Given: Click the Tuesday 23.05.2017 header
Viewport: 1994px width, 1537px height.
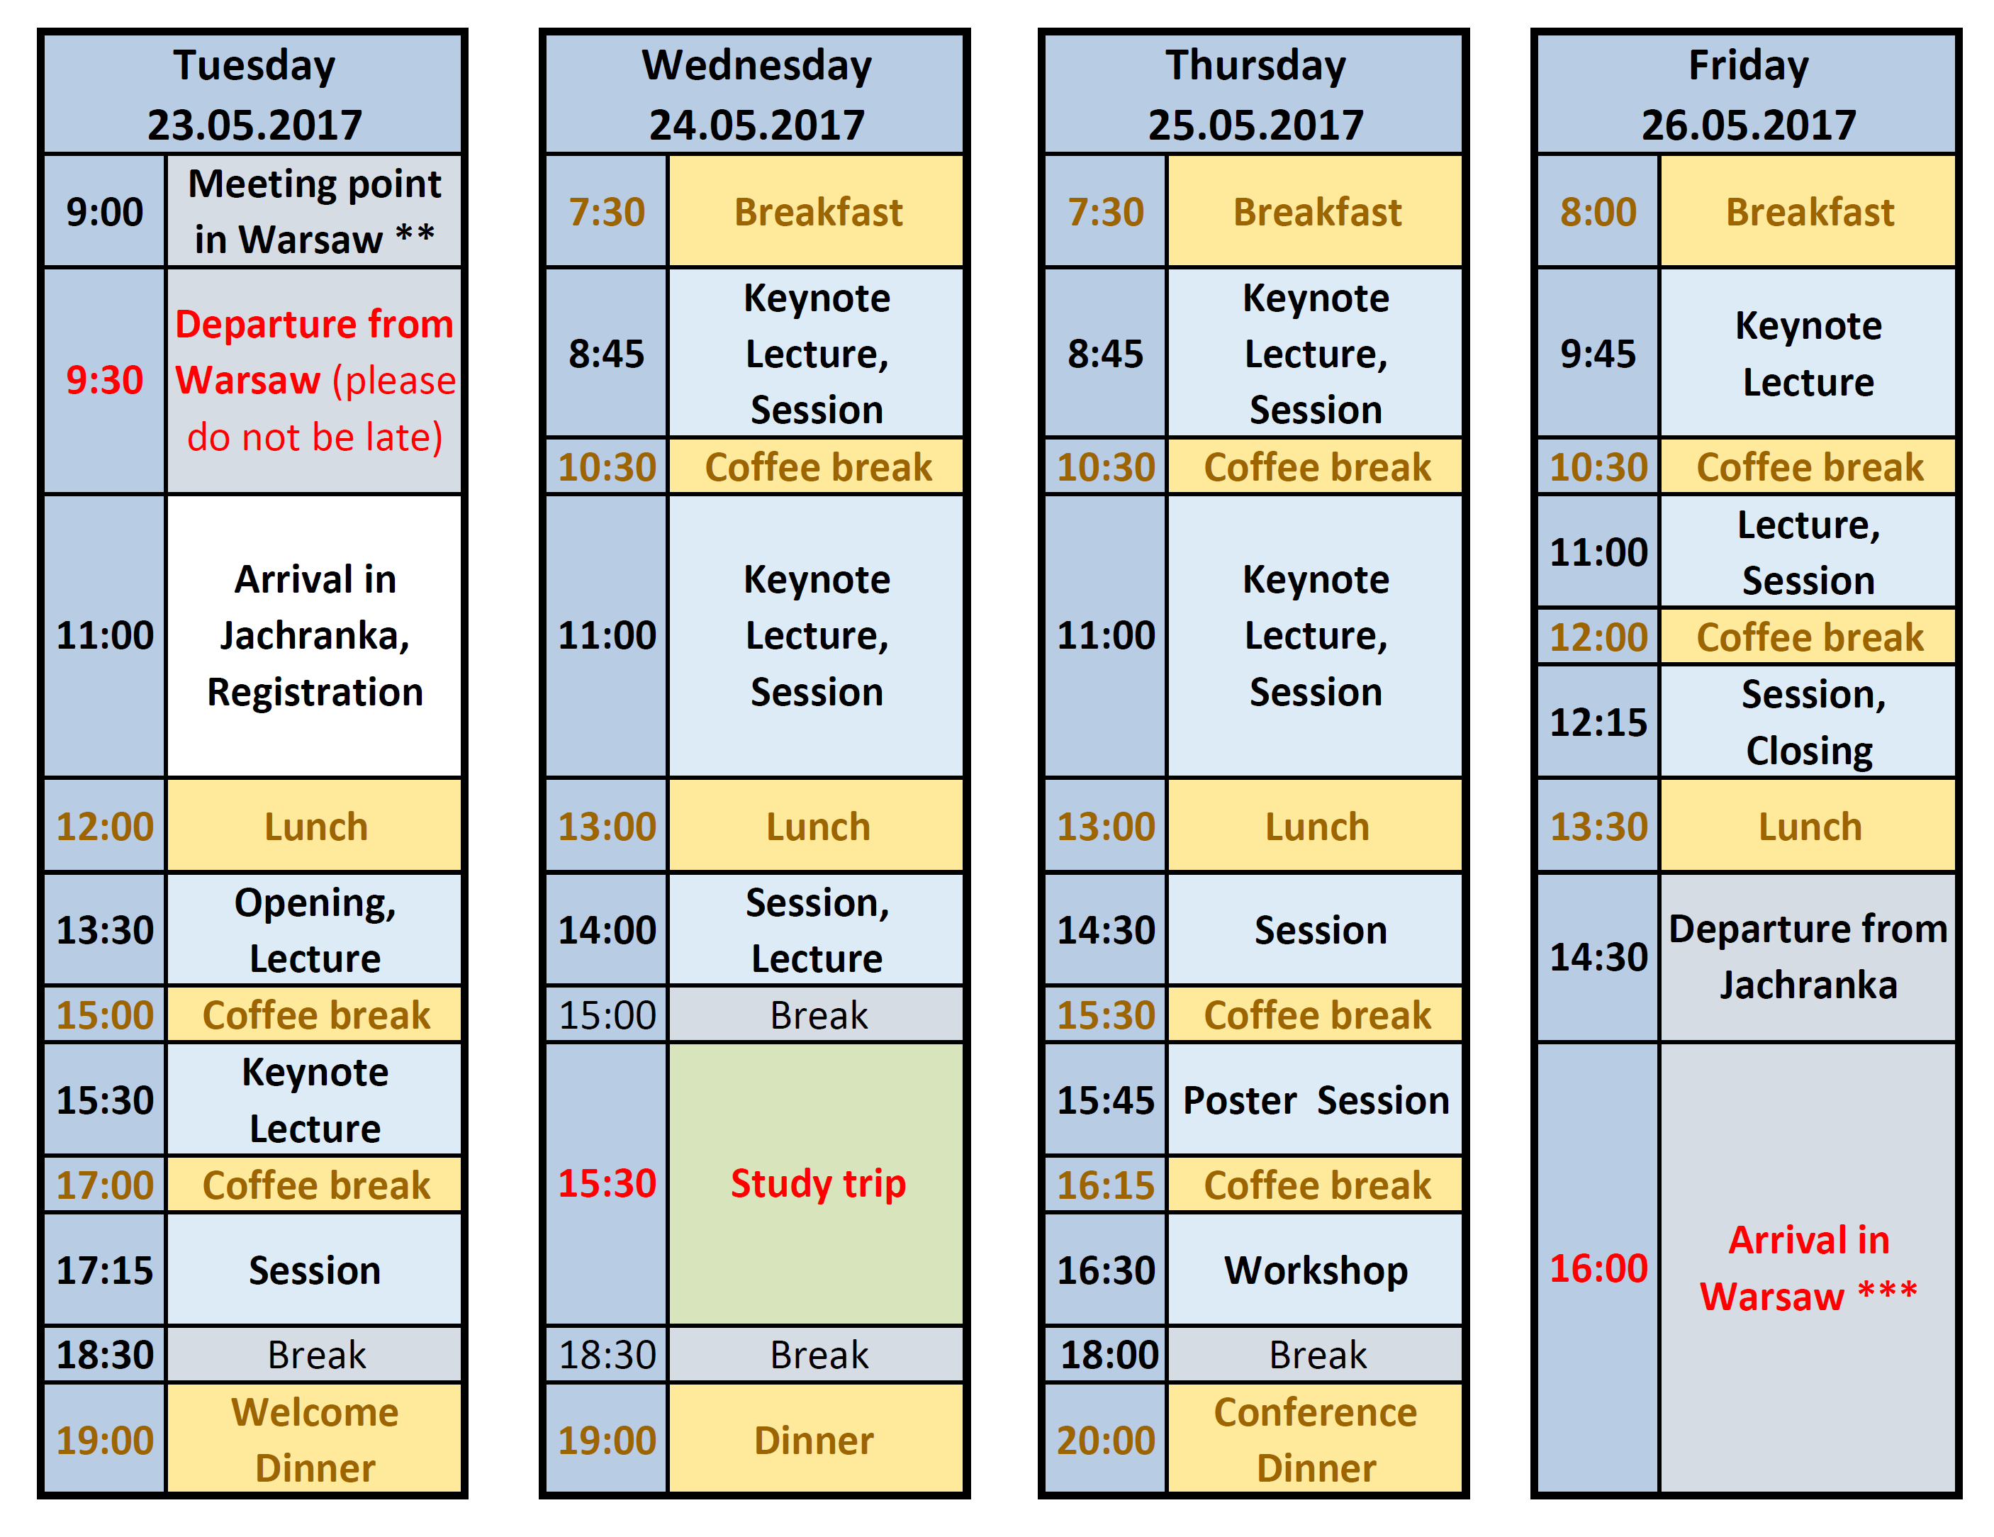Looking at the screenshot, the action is click(x=254, y=94).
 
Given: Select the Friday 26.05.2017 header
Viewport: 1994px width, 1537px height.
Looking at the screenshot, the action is click(x=1747, y=94).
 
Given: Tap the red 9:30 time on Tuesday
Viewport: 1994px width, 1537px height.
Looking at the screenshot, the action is click(x=104, y=380).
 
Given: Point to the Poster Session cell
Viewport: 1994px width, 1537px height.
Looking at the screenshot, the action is click(x=1315, y=1100).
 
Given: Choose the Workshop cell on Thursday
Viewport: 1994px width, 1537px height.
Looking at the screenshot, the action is click(x=1315, y=1270).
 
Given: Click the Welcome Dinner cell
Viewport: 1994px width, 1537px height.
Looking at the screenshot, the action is click(x=314, y=1439).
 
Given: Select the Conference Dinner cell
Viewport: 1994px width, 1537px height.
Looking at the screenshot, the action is click(x=1315, y=1439).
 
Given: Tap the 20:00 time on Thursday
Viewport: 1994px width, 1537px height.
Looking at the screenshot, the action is click(x=1106, y=1439).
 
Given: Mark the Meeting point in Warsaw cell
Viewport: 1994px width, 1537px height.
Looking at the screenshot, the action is click(x=314, y=211).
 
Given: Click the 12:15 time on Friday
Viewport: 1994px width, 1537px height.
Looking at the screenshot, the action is click(x=1598, y=722).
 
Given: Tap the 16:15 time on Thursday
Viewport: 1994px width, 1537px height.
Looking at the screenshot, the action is click(x=1106, y=1185).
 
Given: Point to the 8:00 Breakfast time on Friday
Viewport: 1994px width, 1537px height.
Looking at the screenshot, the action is click(x=1598, y=211).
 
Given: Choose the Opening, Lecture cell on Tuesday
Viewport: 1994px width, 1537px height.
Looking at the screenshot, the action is click(x=314, y=929).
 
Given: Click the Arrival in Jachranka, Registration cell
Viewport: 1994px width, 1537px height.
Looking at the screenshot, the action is click(x=314, y=636).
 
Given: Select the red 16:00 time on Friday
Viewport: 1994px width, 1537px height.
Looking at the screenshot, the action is click(x=1598, y=1268).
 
